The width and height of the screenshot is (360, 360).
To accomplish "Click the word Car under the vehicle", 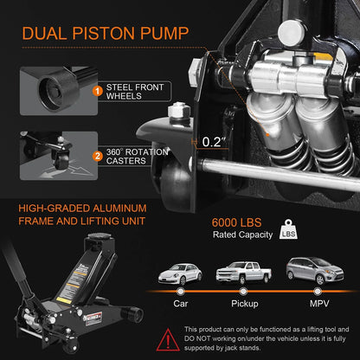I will pos(182,305).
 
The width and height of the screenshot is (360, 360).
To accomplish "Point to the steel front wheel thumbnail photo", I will pos(48,90).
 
